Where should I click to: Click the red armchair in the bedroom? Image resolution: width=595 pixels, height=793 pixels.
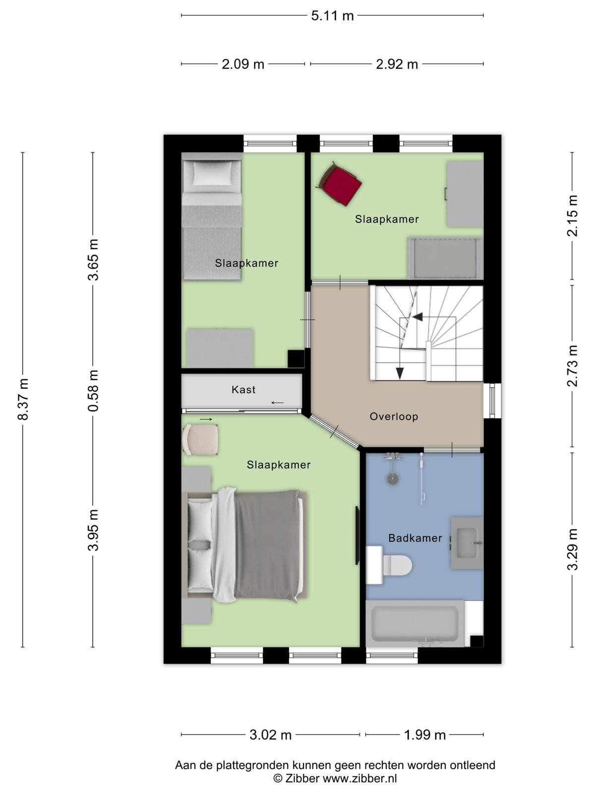pos(339,184)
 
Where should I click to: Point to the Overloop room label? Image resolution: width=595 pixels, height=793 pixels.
pos(394,416)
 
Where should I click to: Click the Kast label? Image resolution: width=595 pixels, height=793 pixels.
pos(243,390)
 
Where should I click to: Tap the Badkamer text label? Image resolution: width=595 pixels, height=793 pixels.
pos(415,538)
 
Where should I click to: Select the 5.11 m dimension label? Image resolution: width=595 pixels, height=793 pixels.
pos(332,16)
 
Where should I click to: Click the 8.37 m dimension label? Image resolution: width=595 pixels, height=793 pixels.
pos(23,399)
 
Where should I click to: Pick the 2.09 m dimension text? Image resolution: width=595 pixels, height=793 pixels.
pos(243,64)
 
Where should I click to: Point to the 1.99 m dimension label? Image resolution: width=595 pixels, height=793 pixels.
pos(424,735)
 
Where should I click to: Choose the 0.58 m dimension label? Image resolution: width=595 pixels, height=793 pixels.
pos(93,391)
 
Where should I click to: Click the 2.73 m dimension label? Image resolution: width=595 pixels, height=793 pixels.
pos(572,366)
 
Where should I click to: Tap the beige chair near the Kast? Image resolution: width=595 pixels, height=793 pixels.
pos(200,439)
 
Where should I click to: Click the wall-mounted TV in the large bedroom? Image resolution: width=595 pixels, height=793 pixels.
pos(357,535)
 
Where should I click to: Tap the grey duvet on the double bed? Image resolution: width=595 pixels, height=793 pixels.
pos(268,546)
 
